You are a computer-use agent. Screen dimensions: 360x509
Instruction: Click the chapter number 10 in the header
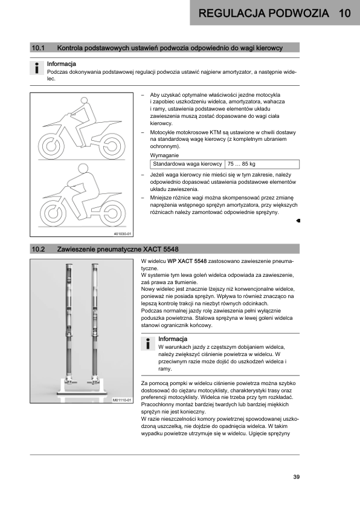pyautogui.click(x=345, y=13)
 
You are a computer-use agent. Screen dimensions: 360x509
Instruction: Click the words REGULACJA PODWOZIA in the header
pyautogui.click(x=264, y=13)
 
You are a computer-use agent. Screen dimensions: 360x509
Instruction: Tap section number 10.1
pyautogui.click(x=38, y=48)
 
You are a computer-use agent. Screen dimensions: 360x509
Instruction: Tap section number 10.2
pyautogui.click(x=38, y=249)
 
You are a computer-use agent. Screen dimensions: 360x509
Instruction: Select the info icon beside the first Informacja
pyautogui.click(x=37, y=68)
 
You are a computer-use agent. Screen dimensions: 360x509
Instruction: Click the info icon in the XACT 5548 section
pyautogui.click(x=148, y=343)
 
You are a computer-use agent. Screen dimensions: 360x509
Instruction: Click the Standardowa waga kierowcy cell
pyautogui.click(x=187, y=164)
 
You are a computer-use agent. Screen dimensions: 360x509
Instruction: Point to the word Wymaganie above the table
pyautogui.click(x=164, y=155)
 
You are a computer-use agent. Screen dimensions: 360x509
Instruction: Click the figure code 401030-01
pyautogui.click(x=122, y=234)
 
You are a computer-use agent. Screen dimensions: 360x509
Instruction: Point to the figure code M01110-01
pyautogui.click(x=122, y=400)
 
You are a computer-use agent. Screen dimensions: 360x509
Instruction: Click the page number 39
pyautogui.click(x=296, y=477)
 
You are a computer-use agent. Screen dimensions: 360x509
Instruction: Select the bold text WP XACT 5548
pyautogui.click(x=187, y=261)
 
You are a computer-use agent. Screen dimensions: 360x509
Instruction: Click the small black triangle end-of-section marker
pyautogui.click(x=298, y=221)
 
